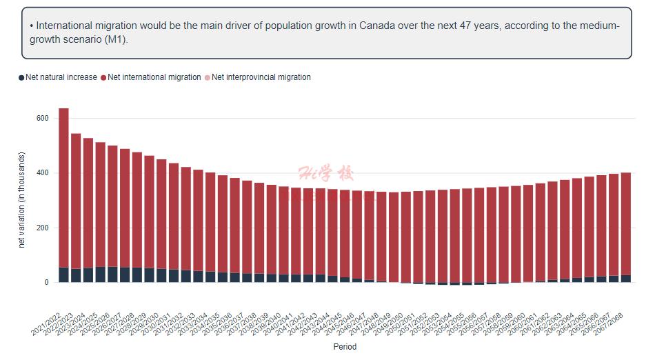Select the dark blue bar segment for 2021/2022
63,274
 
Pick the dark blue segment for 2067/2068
625,279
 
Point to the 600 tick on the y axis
42,119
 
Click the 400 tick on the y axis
42,173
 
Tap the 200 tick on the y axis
42,228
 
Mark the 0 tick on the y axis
46,283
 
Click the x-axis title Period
345,347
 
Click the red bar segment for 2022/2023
76,201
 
